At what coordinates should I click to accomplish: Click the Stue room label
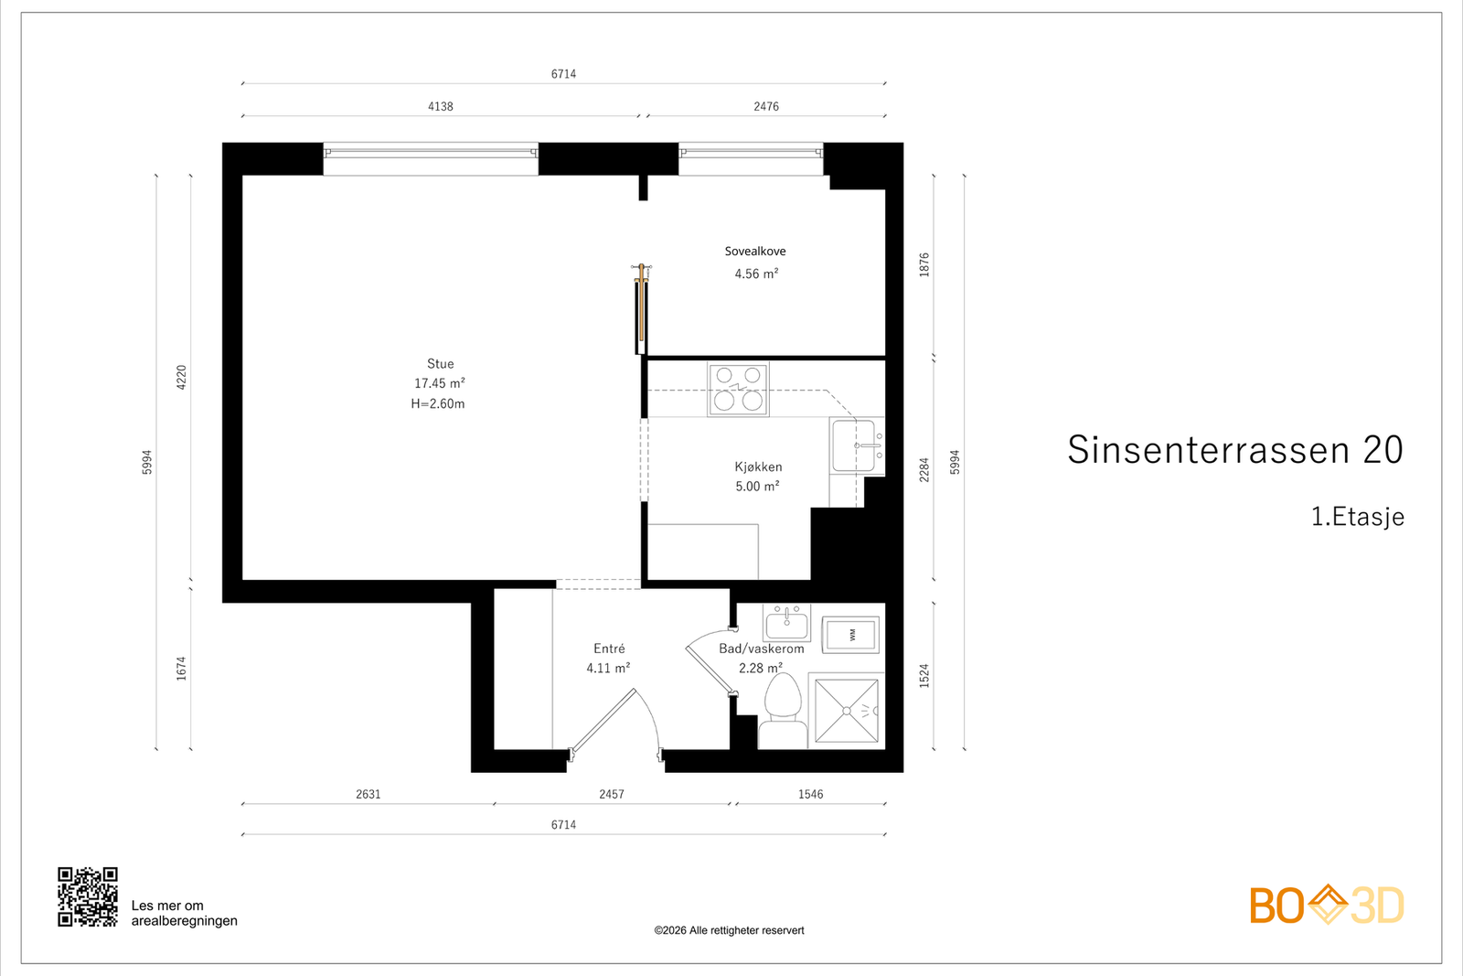click(x=440, y=364)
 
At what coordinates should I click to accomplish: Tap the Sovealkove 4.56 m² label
click(x=755, y=263)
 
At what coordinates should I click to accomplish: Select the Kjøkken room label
click(x=758, y=467)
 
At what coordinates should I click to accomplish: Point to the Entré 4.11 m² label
click(x=608, y=658)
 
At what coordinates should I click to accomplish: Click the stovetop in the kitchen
click(x=738, y=389)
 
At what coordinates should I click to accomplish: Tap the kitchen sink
click(x=856, y=446)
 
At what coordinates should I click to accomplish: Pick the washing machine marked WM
click(x=851, y=634)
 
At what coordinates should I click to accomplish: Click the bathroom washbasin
click(x=786, y=624)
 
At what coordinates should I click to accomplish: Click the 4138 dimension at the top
click(x=441, y=106)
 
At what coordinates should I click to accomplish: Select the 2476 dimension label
click(x=766, y=106)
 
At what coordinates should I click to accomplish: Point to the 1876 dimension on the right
click(x=924, y=264)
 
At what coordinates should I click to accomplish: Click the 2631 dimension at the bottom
click(x=368, y=794)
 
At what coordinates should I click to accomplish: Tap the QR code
click(x=88, y=896)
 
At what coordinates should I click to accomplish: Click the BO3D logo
click(x=1326, y=906)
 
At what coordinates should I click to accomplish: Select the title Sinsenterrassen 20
click(x=1234, y=450)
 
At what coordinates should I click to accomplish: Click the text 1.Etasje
click(x=1357, y=517)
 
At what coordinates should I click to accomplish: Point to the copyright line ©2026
click(x=729, y=930)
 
